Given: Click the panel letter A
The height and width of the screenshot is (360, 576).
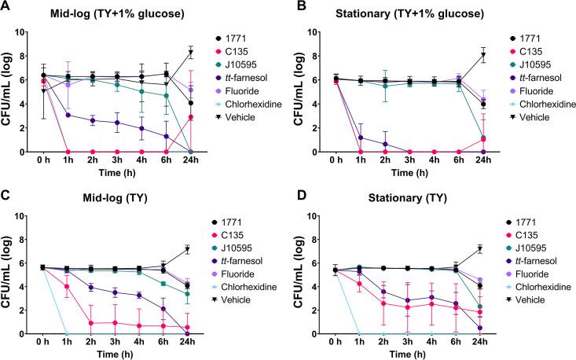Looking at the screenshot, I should coord(6,7).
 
